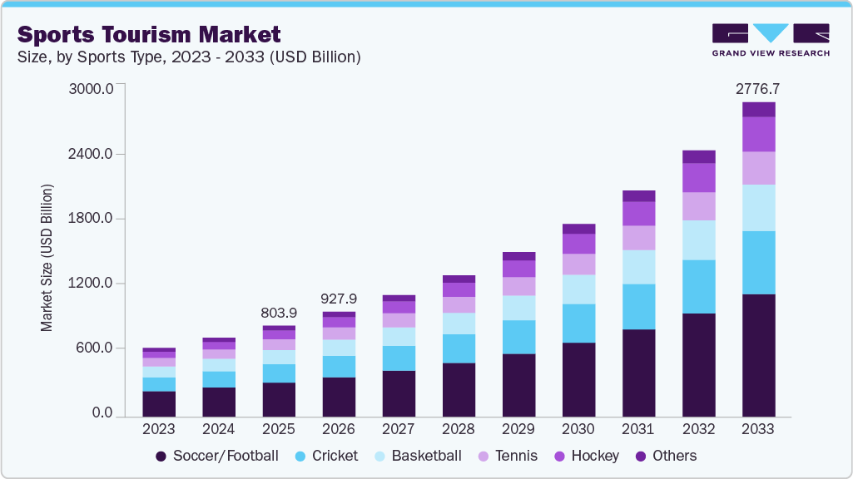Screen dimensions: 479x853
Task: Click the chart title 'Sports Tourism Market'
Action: tap(149, 34)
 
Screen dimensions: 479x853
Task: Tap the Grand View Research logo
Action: tap(771, 39)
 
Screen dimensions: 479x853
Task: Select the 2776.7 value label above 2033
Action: tap(758, 89)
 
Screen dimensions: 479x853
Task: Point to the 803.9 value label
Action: tap(279, 313)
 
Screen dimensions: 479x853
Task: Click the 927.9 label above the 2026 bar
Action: tap(339, 299)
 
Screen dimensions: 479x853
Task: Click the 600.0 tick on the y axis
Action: tap(97, 348)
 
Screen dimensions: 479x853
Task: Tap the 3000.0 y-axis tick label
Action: tap(93, 89)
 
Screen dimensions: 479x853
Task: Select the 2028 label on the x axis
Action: tap(459, 429)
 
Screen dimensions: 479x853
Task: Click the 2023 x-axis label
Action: tap(159, 429)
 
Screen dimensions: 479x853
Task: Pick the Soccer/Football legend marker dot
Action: tap(161, 457)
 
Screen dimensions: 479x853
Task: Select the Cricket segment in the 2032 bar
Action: tap(698, 287)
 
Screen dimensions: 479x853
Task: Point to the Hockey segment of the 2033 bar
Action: tap(758, 134)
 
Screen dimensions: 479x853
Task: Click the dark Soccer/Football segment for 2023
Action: tap(159, 403)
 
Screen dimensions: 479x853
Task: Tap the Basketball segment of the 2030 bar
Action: tap(578, 289)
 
